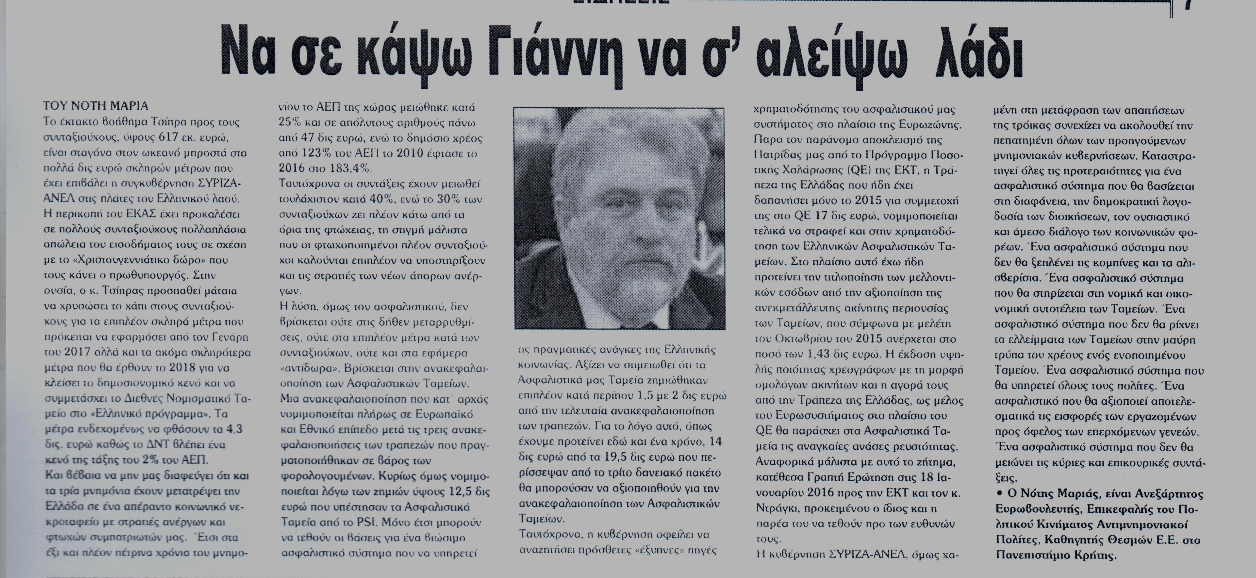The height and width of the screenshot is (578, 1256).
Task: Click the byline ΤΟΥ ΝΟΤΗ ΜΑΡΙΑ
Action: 95,106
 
